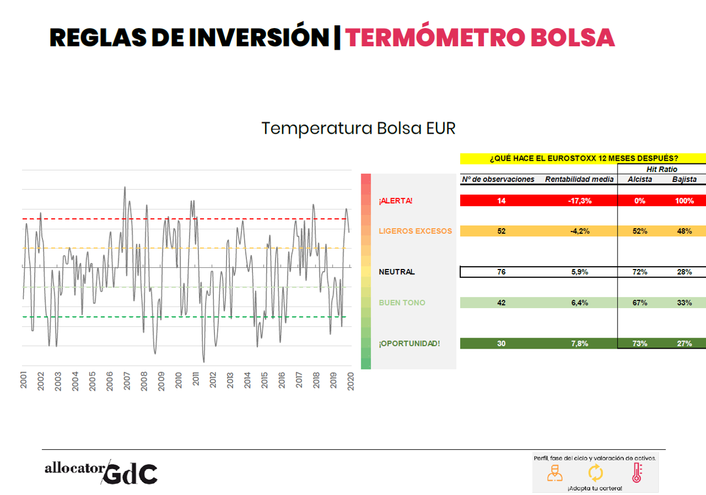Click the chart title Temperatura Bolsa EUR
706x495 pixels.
click(358, 128)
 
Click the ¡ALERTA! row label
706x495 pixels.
click(395, 201)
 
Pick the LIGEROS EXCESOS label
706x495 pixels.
click(415, 231)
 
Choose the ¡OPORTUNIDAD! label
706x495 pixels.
click(409, 344)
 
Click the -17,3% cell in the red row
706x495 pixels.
click(580, 201)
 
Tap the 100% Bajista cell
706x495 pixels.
click(684, 201)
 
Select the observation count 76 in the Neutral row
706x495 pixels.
click(501, 272)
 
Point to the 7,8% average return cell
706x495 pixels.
click(580, 344)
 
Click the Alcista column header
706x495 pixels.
click(639, 179)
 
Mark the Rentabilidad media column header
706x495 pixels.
click(580, 179)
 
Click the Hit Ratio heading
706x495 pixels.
click(662, 169)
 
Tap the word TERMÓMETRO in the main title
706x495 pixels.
click(431, 37)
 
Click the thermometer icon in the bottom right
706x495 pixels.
click(637, 472)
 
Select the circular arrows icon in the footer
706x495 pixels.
click(595, 472)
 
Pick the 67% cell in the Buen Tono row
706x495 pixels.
click(639, 302)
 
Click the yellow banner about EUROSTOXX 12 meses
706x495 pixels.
click(583, 158)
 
